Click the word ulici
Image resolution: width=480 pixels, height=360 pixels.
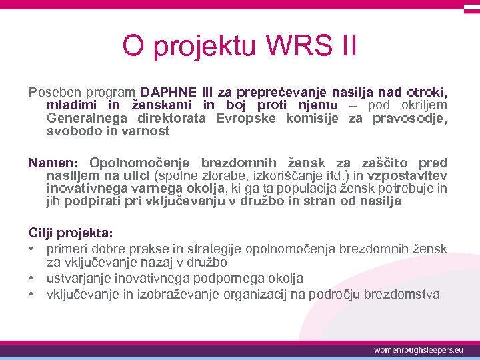click(x=135, y=176)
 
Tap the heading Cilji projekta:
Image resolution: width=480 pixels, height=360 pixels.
click(x=71, y=233)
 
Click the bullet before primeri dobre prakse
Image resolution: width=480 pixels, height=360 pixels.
click(x=32, y=249)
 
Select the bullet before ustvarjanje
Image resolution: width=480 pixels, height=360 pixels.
click(x=32, y=279)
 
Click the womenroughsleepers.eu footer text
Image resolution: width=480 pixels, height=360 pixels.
click(x=418, y=349)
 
